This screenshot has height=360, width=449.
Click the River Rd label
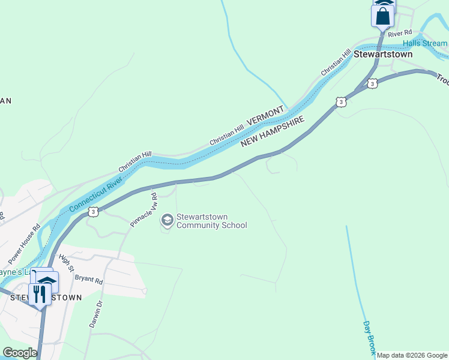[x=399, y=33]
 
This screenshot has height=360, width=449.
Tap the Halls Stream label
[x=425, y=43]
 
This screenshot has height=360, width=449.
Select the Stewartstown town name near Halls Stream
[x=383, y=53]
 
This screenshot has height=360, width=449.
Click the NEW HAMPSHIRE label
[x=274, y=132]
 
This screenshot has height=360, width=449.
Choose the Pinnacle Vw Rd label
[x=143, y=210]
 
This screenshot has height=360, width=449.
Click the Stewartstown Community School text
[x=211, y=221]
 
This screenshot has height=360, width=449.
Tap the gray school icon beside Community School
[x=167, y=221]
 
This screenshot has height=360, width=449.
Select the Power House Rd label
[x=24, y=244]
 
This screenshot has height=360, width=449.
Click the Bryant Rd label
[x=89, y=280]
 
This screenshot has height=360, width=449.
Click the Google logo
[x=20, y=353]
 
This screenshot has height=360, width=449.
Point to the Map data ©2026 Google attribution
[x=412, y=355]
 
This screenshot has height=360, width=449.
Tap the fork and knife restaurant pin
[x=40, y=294]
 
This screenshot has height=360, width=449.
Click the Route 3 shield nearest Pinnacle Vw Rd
[x=93, y=212]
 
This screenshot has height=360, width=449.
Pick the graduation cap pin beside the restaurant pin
[x=47, y=280]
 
